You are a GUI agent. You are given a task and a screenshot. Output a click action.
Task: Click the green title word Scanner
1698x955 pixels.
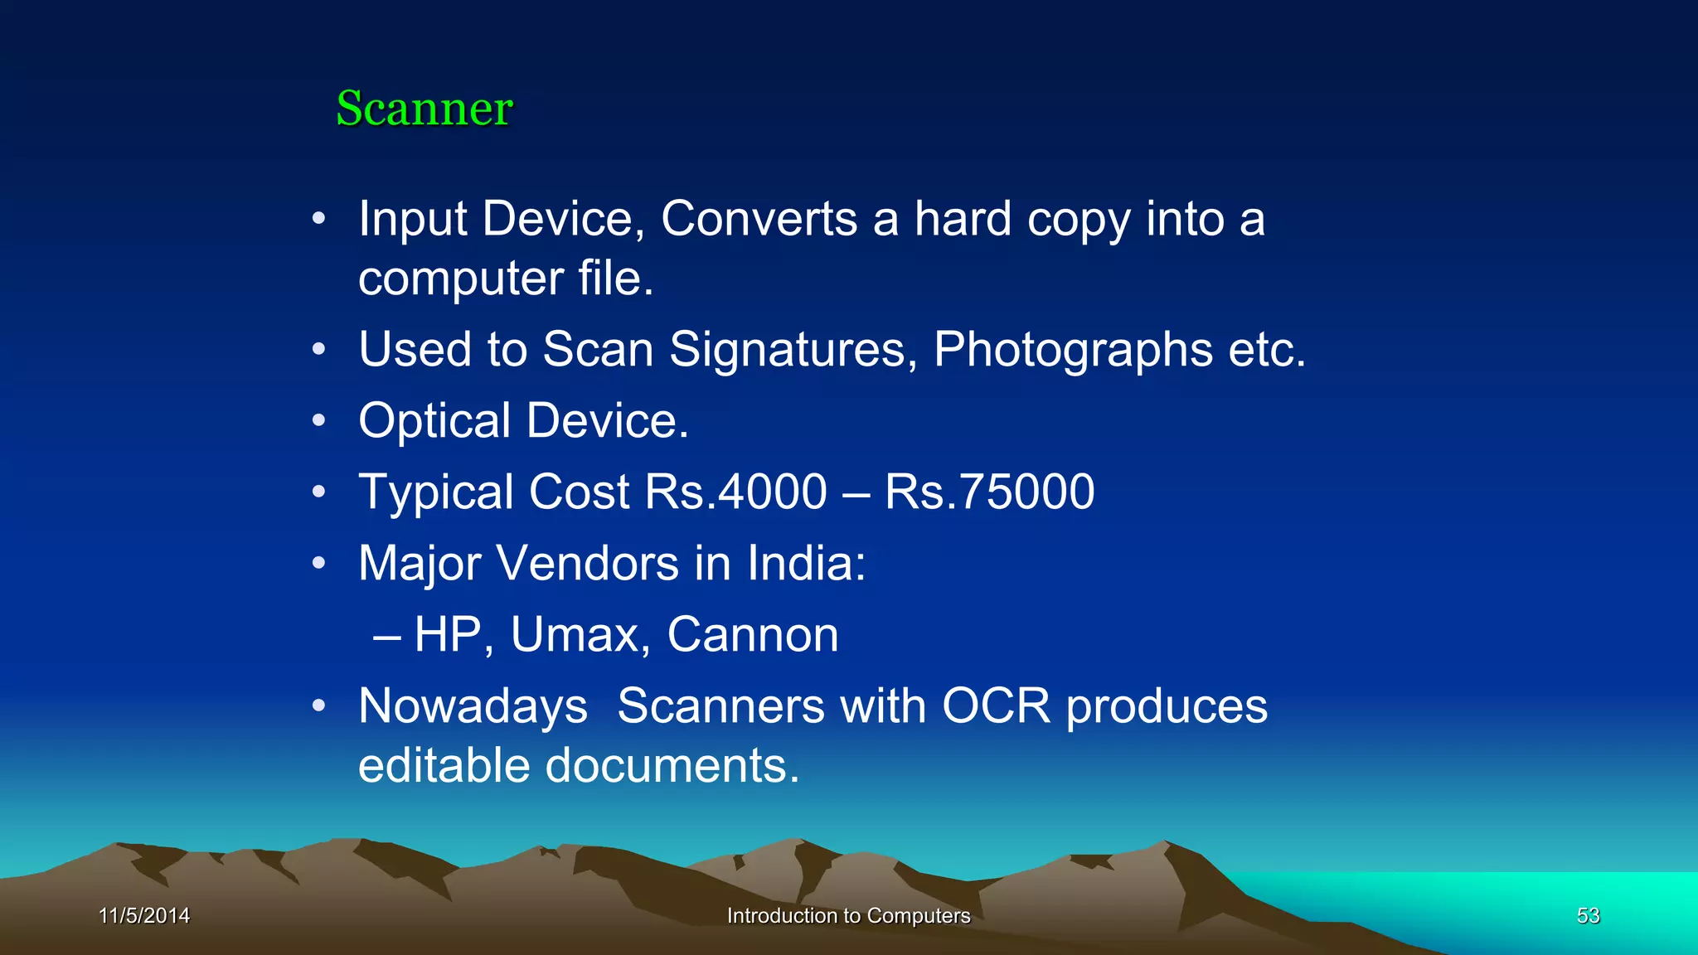point(424,109)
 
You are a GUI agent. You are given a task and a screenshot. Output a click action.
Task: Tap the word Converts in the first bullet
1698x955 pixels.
point(759,219)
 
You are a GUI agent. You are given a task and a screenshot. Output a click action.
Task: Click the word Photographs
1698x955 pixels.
point(1073,349)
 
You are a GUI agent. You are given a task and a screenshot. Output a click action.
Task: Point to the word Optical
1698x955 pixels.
point(434,420)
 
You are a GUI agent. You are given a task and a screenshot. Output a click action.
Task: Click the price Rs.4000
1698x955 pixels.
point(735,492)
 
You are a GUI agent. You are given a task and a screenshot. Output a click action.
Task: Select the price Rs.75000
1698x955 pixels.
point(989,492)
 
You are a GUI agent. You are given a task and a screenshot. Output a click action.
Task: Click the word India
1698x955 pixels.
point(806,564)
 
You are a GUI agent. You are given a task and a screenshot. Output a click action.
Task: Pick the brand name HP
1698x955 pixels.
point(448,635)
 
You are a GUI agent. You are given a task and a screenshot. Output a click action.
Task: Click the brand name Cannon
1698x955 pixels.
point(753,635)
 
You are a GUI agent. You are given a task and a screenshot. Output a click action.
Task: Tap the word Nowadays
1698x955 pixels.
point(473,706)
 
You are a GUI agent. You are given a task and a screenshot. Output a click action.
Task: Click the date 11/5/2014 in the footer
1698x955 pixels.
point(144,915)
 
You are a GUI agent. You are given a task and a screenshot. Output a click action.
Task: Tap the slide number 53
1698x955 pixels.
point(1588,915)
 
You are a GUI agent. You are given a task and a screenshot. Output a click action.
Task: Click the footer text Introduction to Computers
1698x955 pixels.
point(848,915)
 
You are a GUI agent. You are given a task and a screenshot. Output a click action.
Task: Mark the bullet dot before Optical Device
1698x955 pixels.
point(319,420)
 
